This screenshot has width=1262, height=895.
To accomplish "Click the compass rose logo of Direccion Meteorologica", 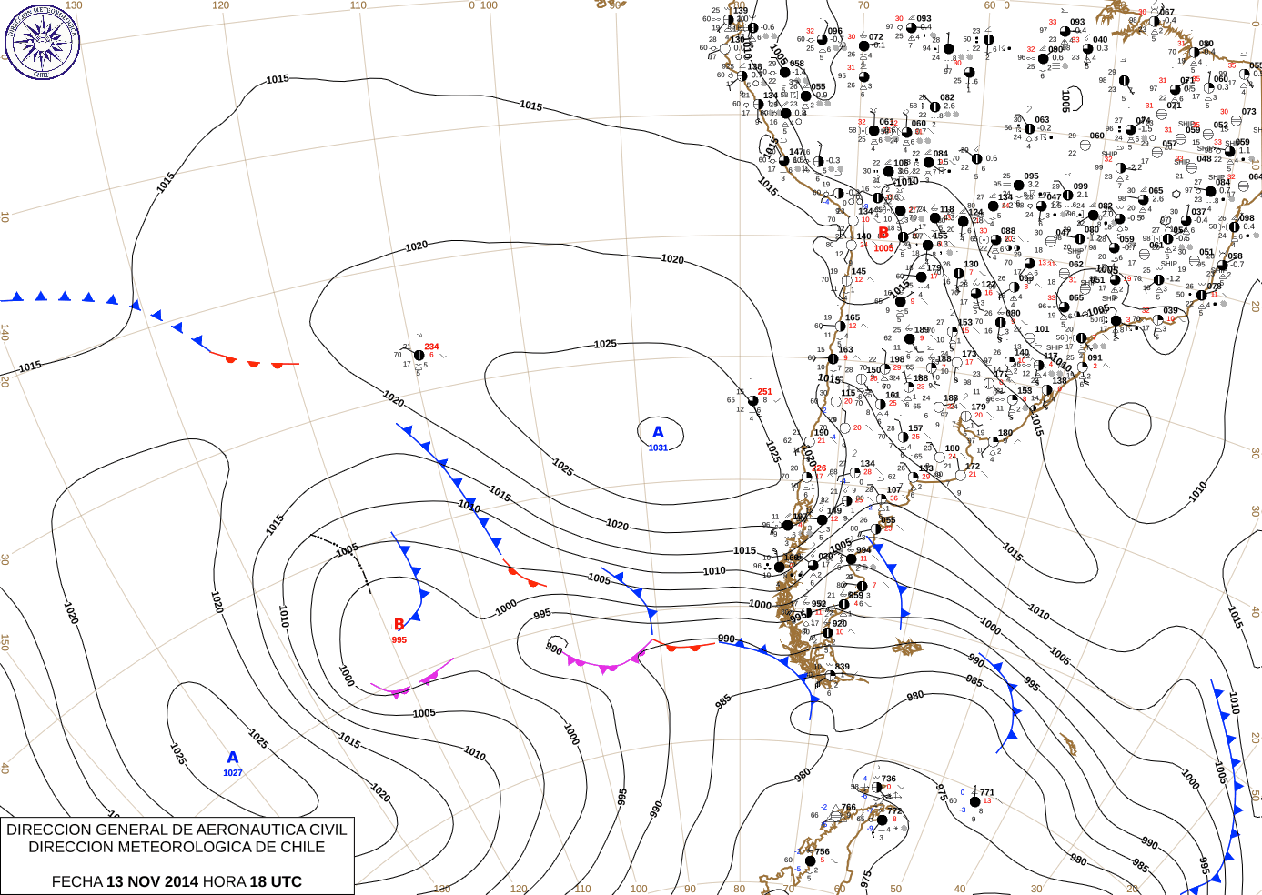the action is coord(42,41).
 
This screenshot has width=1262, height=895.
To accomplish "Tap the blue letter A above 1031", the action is coord(658,433).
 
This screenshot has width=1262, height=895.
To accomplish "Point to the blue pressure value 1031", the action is coord(658,447).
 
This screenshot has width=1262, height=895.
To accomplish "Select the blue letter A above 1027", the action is coord(233,758).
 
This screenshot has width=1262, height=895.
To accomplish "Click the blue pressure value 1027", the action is coord(233,773).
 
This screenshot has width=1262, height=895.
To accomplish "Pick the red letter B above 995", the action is coord(399,624).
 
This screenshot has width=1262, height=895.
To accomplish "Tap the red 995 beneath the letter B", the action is coord(399,639).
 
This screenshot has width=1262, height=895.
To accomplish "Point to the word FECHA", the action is coord(76,881).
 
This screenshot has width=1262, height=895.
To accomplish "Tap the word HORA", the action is coord(224,881).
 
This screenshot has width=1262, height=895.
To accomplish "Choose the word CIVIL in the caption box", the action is coord(328,830).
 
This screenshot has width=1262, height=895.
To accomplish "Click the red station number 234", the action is coord(431,347).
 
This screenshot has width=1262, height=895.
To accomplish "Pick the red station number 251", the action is coord(764,392).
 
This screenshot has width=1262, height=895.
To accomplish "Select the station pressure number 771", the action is coord(986,792).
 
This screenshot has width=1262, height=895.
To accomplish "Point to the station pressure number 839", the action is coord(843,667).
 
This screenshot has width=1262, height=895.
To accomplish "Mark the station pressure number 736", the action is coord(888,779).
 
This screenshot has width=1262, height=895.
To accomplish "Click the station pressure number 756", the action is coord(822,852).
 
